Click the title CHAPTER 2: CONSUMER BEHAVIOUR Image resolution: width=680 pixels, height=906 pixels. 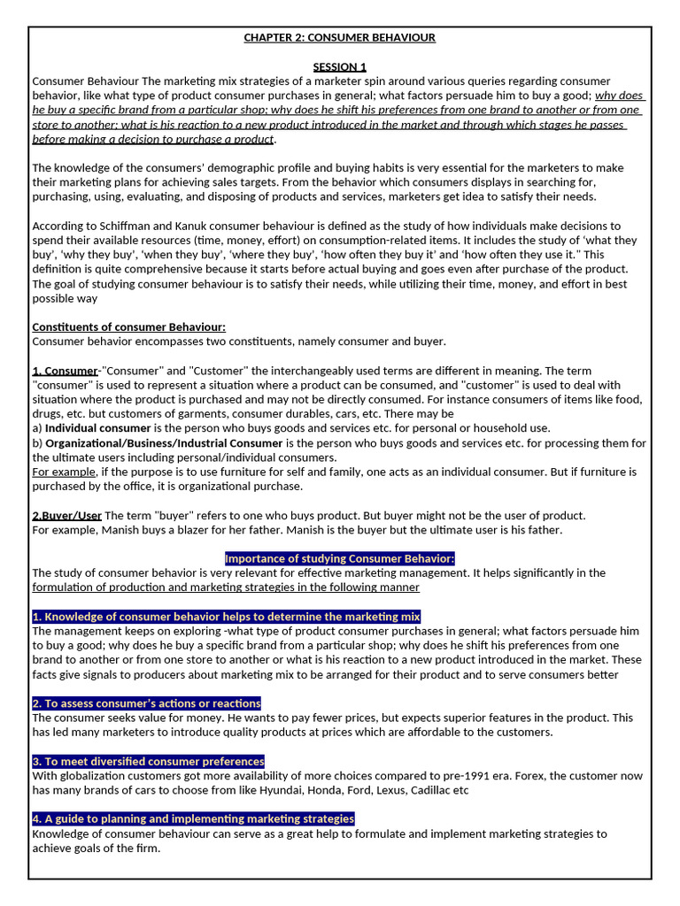[340, 37]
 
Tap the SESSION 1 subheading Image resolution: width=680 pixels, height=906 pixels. [340, 66]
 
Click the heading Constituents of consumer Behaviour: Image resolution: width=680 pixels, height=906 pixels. [128, 326]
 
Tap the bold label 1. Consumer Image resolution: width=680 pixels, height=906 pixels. [65, 370]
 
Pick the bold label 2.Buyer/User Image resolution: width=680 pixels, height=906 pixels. [67, 515]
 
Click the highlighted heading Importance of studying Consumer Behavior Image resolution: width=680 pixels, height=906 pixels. [340, 558]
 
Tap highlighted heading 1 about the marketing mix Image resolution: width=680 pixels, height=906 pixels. [226, 616]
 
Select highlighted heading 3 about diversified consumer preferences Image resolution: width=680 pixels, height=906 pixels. [148, 761]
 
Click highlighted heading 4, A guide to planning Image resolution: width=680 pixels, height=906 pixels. [193, 818]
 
